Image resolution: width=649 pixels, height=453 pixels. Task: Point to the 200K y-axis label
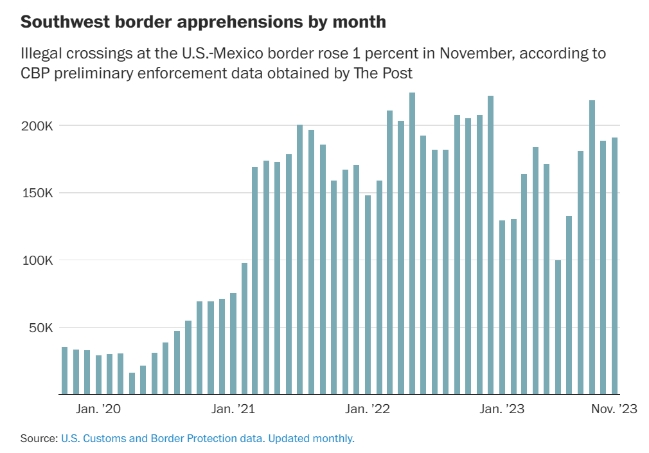35,125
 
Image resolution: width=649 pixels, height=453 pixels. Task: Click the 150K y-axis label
35,193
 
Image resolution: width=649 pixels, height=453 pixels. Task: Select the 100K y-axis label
35,260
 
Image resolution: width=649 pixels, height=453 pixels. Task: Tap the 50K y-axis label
37,328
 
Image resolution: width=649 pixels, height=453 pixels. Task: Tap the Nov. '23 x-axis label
613,409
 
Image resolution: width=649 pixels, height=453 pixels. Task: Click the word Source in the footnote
39,439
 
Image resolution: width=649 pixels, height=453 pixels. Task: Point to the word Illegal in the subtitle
43,53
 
